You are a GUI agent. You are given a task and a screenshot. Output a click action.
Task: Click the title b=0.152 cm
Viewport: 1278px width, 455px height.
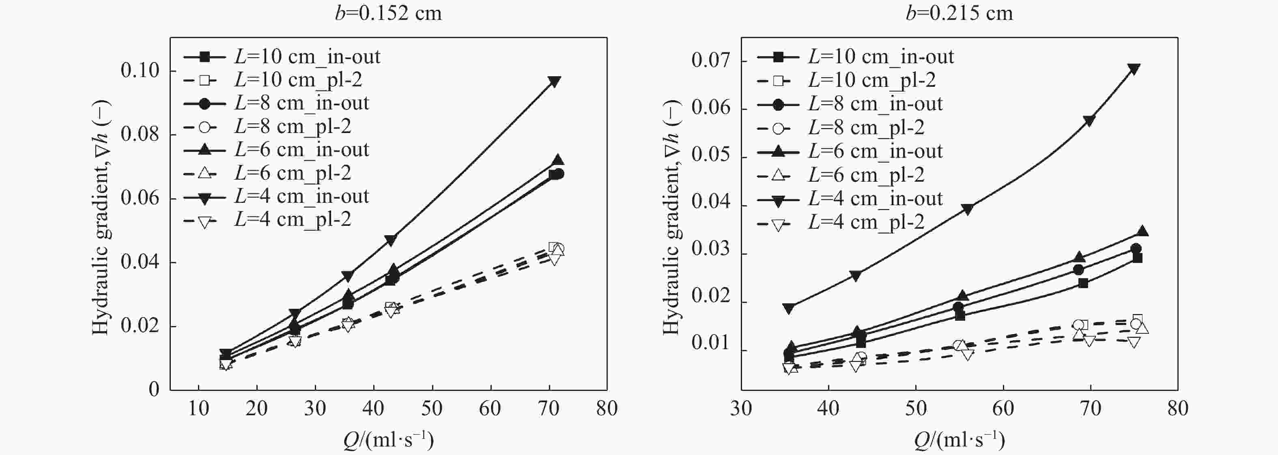[x=388, y=13]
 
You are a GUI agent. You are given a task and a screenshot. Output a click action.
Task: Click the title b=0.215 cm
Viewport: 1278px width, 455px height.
[x=959, y=13]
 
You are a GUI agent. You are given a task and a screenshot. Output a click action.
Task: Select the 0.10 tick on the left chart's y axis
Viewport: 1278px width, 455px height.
[x=140, y=71]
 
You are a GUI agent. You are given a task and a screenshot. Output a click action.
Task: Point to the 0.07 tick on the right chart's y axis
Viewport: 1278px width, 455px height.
[x=712, y=61]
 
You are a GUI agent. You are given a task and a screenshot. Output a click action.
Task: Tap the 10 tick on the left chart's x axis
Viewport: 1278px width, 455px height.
[x=198, y=408]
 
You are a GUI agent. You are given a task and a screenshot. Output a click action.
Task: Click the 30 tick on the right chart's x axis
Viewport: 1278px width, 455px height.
[x=741, y=408]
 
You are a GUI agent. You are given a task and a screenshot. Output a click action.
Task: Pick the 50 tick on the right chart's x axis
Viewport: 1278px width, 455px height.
[x=916, y=408]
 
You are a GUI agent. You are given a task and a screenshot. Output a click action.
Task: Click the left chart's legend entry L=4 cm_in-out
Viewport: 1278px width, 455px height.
[x=301, y=197]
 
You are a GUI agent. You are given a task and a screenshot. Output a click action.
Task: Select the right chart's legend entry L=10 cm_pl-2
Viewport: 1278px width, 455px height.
[x=872, y=80]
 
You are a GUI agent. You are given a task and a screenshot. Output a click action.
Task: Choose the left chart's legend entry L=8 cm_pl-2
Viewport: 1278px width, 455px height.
[x=293, y=127]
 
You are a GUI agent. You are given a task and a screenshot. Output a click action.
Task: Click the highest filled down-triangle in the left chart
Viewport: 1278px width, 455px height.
[x=554, y=81]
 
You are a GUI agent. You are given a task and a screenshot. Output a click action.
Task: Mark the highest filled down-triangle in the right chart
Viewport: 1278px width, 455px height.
[x=1134, y=69]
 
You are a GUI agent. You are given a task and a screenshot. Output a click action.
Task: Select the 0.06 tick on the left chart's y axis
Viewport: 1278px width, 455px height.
[x=140, y=198]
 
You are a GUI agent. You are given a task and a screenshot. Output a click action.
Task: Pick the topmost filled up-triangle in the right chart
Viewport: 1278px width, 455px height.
[x=1142, y=231]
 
